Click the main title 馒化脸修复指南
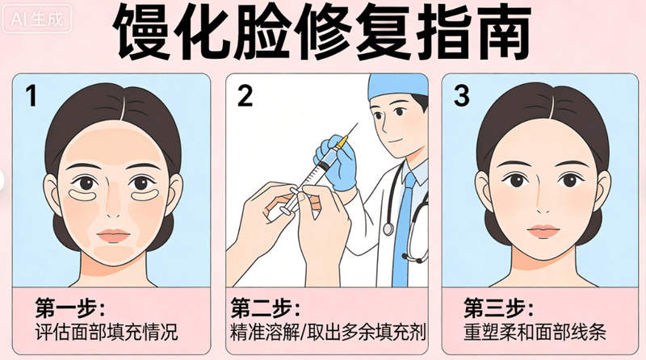[x=321, y=32]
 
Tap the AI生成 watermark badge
[x=36, y=19]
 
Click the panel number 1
[x=31, y=96]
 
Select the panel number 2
[x=245, y=96]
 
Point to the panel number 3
[x=461, y=96]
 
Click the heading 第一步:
[x=69, y=308]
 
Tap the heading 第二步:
[x=266, y=308]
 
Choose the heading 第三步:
[x=498, y=308]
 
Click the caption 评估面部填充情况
[x=107, y=333]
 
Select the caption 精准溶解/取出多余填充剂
[x=328, y=333]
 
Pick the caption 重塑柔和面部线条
[x=535, y=333]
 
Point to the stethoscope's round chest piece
[x=388, y=229]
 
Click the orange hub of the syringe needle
[x=340, y=143]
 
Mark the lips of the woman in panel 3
[x=543, y=231]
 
